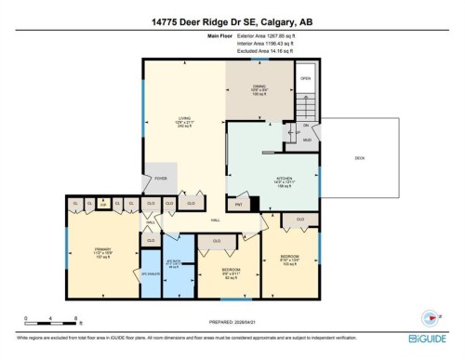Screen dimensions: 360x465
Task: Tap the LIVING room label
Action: click(184, 119)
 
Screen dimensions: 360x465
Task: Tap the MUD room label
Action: click(307, 138)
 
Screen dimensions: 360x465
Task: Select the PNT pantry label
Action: click(238, 203)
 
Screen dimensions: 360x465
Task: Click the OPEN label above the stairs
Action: click(305, 79)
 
